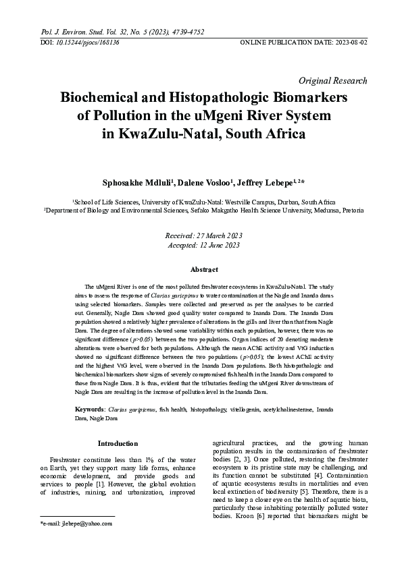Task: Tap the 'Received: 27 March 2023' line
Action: click(x=203, y=235)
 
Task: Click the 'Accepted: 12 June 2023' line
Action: click(x=203, y=245)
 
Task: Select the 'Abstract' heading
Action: click(x=204, y=270)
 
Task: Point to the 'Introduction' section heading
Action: click(x=118, y=443)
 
